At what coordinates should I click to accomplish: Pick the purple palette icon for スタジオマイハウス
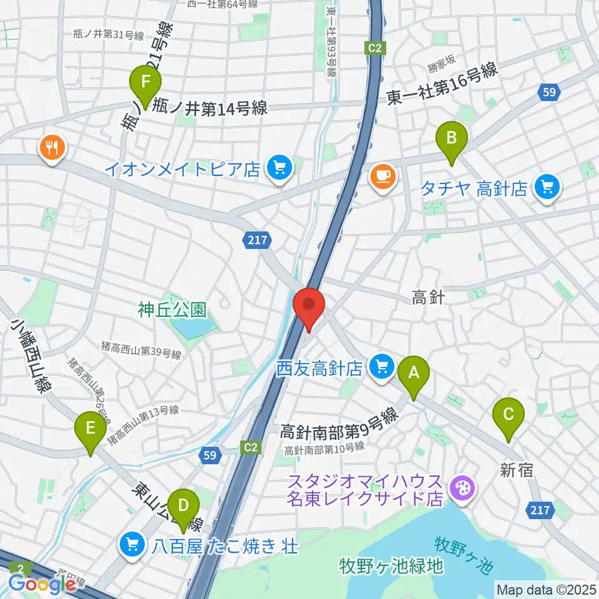pos(463,487)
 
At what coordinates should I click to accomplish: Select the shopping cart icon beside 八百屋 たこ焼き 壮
pos(132,546)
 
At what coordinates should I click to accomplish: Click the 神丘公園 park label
pos(172,309)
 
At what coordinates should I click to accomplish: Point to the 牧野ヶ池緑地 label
pos(391,566)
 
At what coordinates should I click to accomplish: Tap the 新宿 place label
pos(517,470)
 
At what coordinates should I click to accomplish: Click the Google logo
pos(42,583)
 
